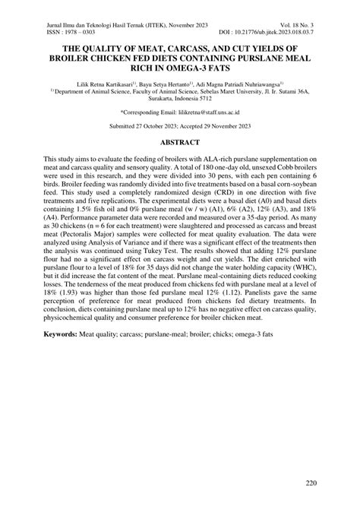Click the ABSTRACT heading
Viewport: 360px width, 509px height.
tap(180, 163)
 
